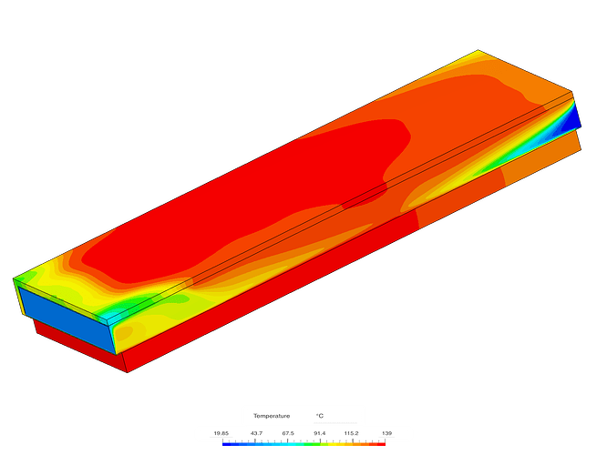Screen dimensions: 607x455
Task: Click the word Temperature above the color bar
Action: click(272, 416)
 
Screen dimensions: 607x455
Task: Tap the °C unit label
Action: click(319, 416)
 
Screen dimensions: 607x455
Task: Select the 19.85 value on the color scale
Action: click(221, 433)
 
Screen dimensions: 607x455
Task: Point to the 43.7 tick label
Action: click(256, 433)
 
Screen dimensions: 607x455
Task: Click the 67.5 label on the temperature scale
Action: click(288, 433)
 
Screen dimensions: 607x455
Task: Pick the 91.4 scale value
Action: click(319, 433)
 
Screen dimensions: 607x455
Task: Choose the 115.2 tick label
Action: click(352, 433)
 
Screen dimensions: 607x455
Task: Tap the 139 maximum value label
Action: click(386, 433)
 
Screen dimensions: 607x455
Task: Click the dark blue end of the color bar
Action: click(226, 445)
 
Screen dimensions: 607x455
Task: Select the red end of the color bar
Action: click(381, 445)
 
